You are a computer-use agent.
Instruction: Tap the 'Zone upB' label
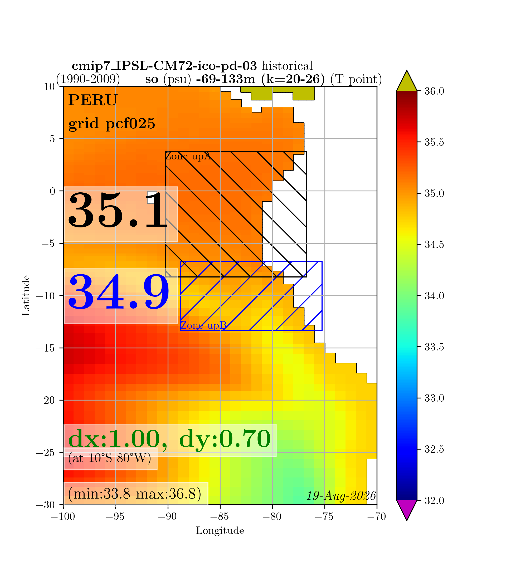[203, 325]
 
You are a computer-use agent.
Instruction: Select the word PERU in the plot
[93, 100]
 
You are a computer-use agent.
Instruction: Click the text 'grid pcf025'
[112, 123]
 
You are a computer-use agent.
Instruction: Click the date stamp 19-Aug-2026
[341, 496]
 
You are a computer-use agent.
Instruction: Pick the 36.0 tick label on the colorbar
[434, 91]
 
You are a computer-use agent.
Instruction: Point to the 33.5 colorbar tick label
[434, 347]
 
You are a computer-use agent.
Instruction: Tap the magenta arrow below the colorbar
[407, 510]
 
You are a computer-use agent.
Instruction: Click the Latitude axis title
[26, 295]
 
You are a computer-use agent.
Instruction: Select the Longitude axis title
[220, 531]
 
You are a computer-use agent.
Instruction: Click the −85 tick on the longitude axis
[220, 517]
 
